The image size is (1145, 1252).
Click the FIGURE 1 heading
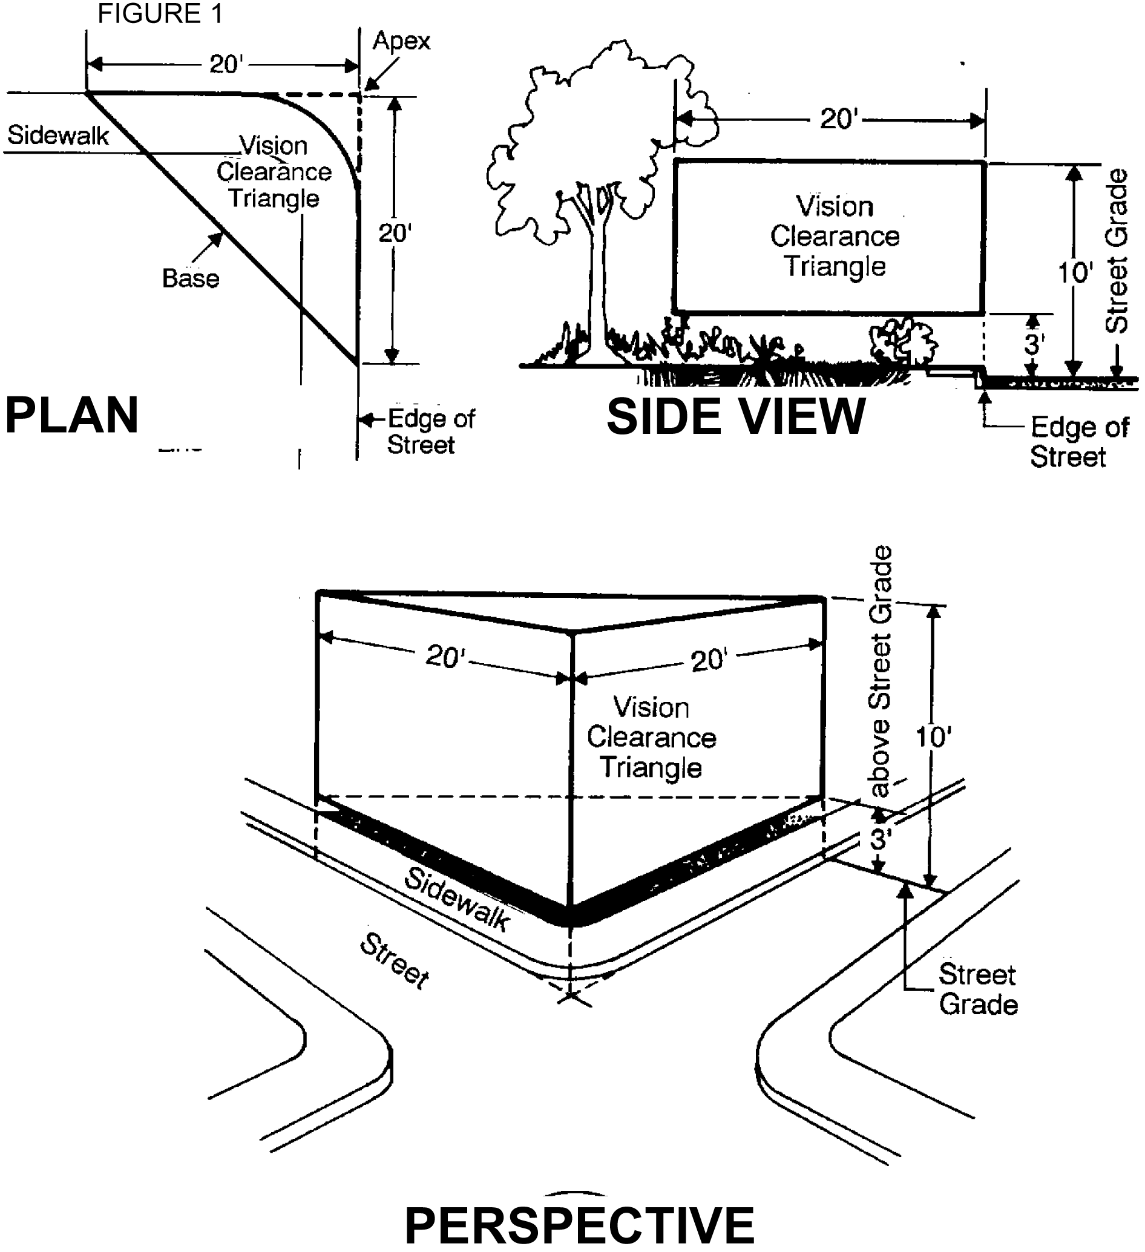(x=160, y=14)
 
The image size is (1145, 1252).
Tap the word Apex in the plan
(x=401, y=41)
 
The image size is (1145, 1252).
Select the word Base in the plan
(x=191, y=279)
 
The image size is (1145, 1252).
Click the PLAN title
(x=72, y=416)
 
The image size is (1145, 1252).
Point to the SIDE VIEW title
(x=736, y=417)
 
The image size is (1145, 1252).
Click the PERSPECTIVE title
(x=579, y=1224)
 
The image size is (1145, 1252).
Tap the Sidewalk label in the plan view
(x=57, y=136)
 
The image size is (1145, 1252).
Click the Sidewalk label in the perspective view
(x=457, y=899)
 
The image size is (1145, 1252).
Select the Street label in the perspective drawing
(x=395, y=962)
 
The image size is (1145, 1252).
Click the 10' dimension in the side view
(x=1075, y=272)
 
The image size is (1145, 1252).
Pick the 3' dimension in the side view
(x=1032, y=344)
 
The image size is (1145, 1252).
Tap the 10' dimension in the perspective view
(x=933, y=737)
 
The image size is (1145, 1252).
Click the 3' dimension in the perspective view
(x=880, y=838)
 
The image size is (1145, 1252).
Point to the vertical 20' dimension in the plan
(x=395, y=234)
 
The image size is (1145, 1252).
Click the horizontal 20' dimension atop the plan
(x=225, y=65)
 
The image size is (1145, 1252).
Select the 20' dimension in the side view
(x=838, y=119)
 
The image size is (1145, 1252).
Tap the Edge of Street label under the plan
(x=430, y=431)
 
